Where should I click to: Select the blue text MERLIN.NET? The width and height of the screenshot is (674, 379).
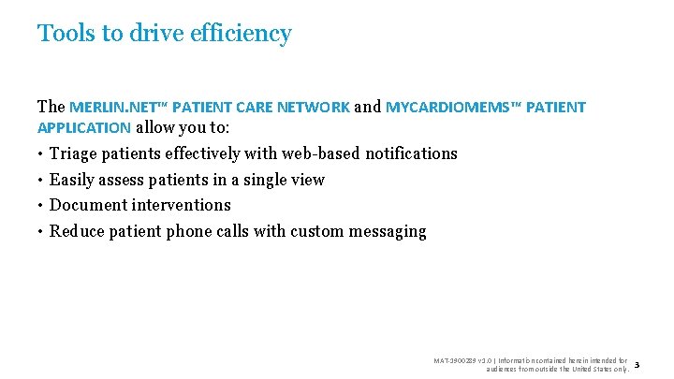(106, 107)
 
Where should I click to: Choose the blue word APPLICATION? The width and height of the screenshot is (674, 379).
(84, 127)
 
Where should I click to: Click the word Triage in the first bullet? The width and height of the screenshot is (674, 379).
(73, 153)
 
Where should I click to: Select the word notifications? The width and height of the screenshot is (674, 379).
(411, 153)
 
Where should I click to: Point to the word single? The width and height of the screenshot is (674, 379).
(261, 180)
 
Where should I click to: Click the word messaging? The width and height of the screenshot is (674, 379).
(386, 231)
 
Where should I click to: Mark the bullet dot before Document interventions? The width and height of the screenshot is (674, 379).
(41, 205)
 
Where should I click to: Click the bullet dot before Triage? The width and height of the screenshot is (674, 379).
(41, 153)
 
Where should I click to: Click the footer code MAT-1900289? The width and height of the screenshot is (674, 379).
(454, 359)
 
